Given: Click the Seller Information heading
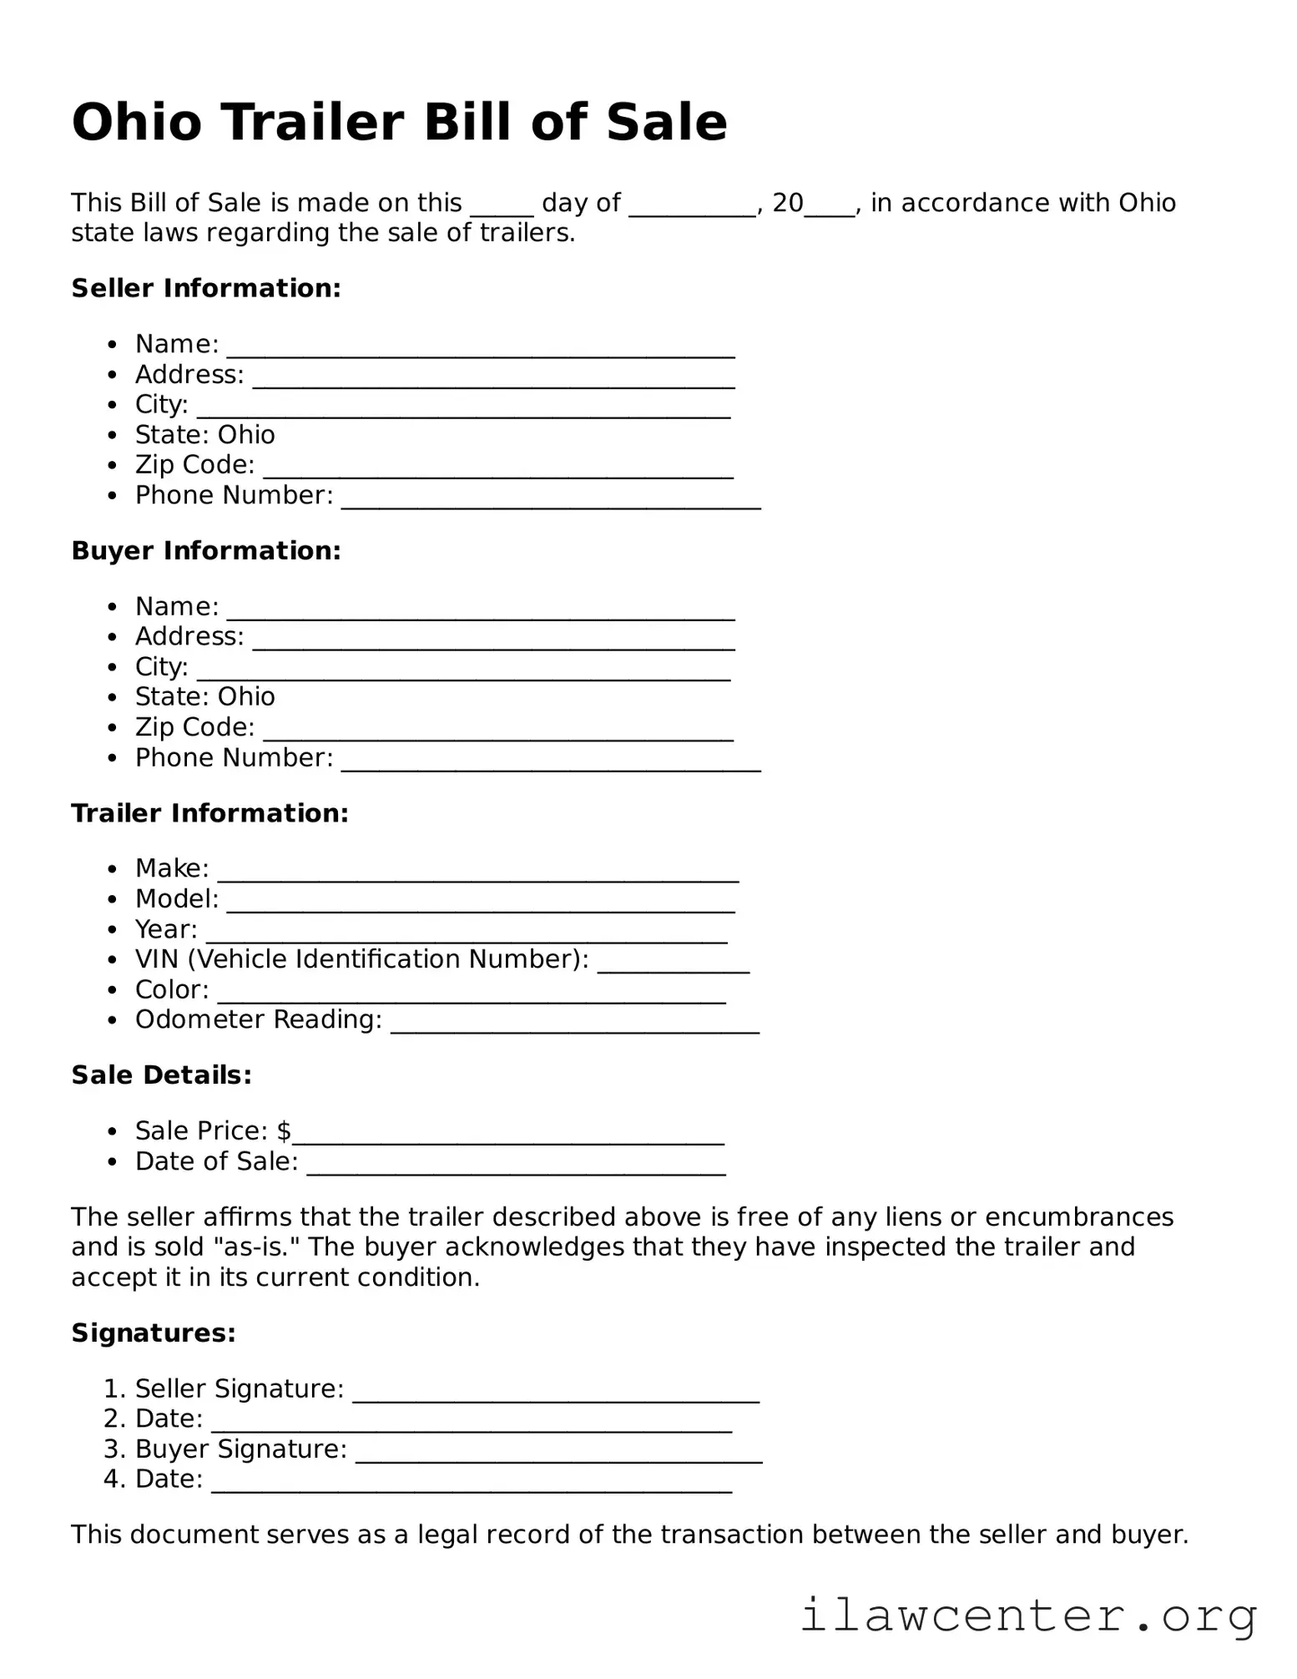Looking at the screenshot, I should tap(206, 288).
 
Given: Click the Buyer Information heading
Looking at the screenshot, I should tap(206, 551).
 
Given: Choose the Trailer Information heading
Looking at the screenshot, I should tap(209, 813).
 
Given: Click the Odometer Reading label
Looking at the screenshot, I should tap(258, 1019).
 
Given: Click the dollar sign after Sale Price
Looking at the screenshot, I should tap(284, 1130).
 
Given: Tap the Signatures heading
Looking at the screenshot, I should tap(154, 1333).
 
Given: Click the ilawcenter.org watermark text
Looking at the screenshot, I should tap(1028, 1616).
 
